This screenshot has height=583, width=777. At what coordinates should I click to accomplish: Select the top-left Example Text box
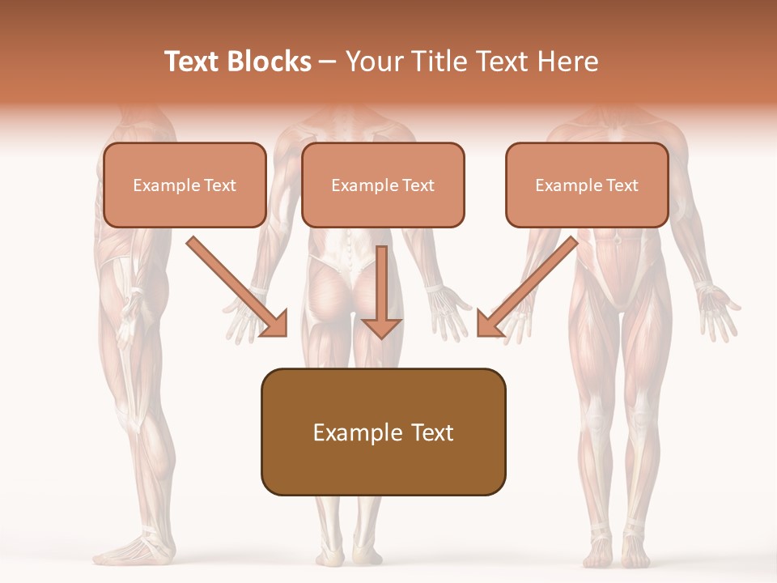coord(185,185)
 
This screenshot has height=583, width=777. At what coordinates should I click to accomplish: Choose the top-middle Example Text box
coord(383,185)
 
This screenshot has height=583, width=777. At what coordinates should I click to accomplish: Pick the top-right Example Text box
coord(587,185)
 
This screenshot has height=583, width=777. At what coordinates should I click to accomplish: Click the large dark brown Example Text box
coord(383,432)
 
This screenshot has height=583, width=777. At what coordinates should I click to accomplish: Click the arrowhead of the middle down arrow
coord(381,327)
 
